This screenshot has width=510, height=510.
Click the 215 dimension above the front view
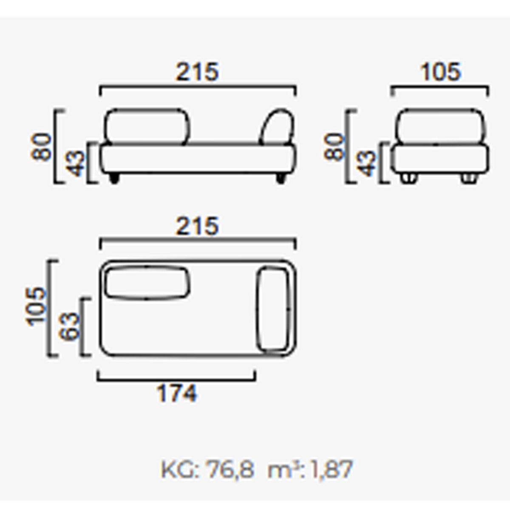(198, 72)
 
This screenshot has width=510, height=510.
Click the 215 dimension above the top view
(198, 226)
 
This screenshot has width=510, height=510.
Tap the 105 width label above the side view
(441, 72)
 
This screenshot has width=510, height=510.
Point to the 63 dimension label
(70, 326)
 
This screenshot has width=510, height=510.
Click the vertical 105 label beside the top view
(36, 307)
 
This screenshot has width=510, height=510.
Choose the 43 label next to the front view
(75, 163)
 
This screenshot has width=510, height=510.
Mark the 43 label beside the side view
(366, 163)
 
